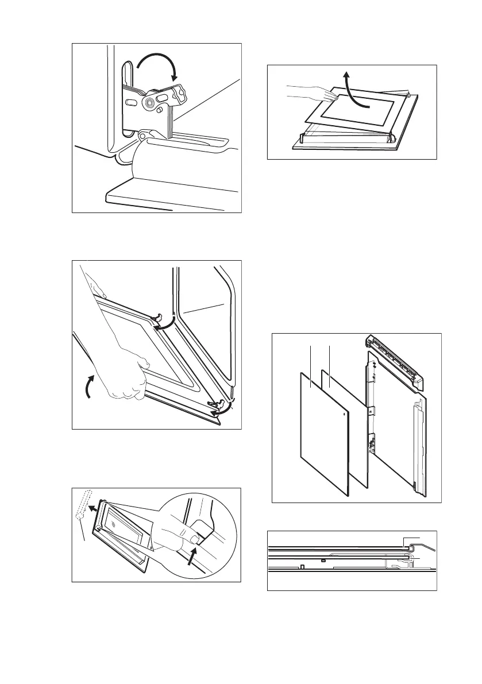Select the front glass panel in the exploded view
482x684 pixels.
(325, 436)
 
